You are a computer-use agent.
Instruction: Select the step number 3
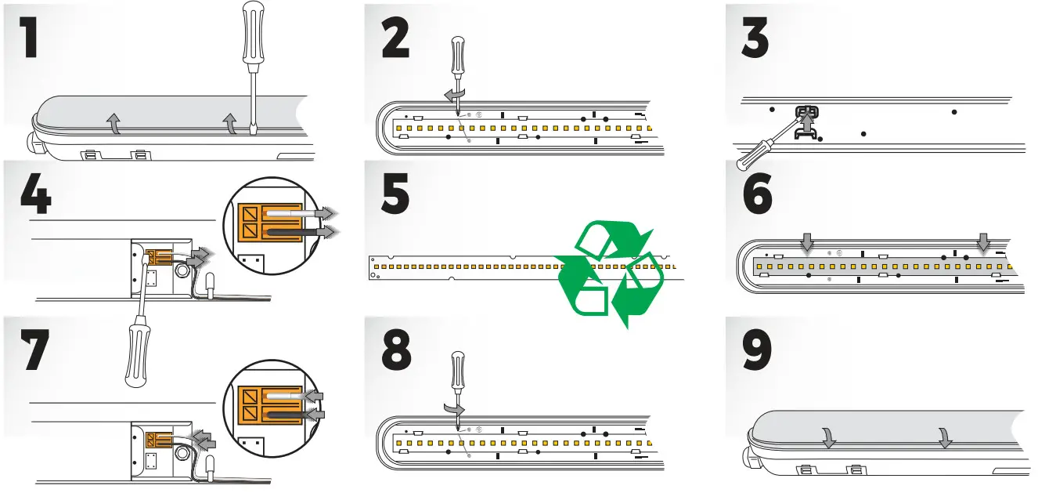[755, 34]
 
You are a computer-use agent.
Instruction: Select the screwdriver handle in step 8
[457, 372]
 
